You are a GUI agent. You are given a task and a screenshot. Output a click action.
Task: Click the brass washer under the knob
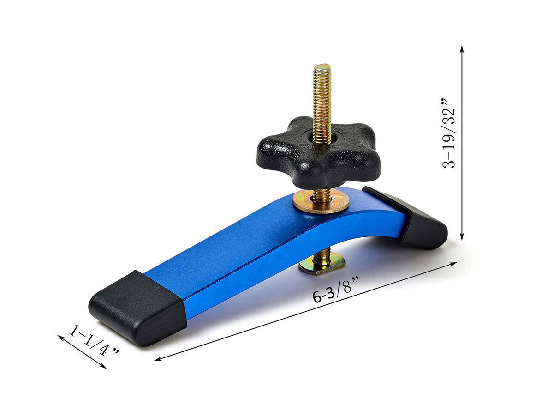click(321, 202)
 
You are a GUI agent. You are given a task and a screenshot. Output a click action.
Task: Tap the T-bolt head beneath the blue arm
click(322, 265)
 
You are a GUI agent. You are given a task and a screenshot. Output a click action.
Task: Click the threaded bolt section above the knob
click(322, 102)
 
